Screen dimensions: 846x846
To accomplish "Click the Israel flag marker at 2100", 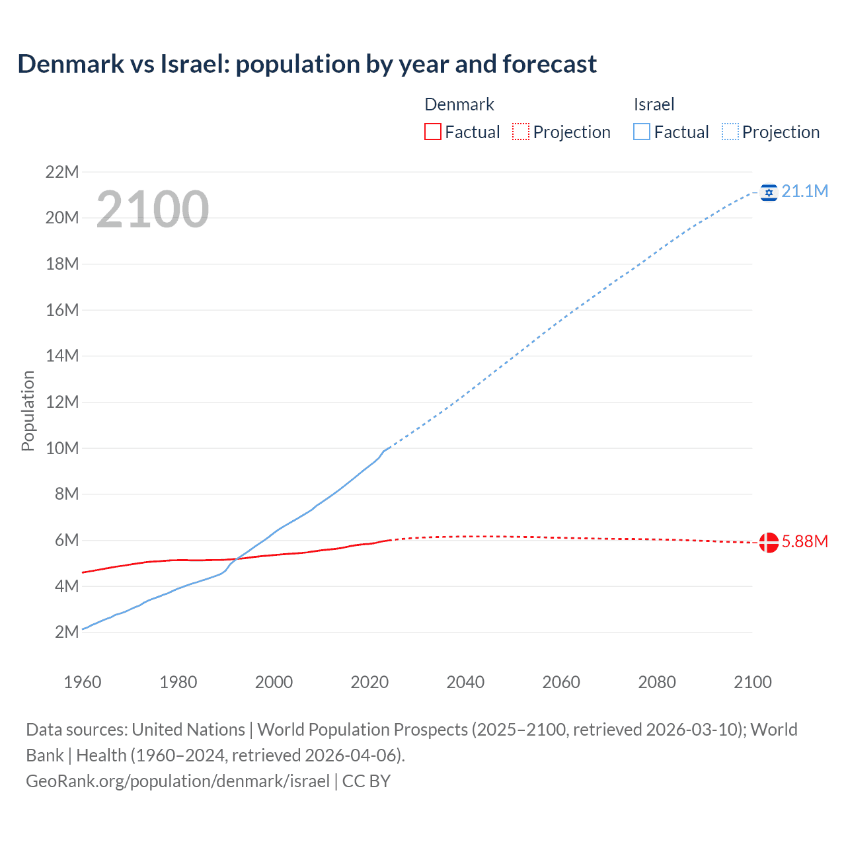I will click(x=769, y=192).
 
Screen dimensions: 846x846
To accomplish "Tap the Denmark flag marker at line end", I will click(x=769, y=542).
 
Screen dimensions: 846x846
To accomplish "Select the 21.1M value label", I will click(x=804, y=192).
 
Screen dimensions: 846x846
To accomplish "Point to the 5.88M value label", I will click(x=804, y=542).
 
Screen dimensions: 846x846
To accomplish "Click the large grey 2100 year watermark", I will click(x=153, y=210).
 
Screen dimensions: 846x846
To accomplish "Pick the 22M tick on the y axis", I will click(x=62, y=173).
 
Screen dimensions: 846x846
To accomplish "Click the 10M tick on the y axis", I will click(x=62, y=448).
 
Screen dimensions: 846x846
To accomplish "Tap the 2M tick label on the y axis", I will click(x=67, y=632).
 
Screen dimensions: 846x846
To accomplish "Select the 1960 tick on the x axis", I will click(x=83, y=682).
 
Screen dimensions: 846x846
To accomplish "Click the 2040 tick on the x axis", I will click(x=465, y=682).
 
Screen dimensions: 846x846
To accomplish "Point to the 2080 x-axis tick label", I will click(x=657, y=682).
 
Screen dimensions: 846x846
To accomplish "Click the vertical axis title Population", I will click(x=28, y=410).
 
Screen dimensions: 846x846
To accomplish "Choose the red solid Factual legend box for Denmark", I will click(x=432, y=132).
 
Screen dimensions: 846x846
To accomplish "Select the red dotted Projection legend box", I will click(x=521, y=132).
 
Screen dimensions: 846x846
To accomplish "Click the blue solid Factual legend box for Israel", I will click(x=642, y=132).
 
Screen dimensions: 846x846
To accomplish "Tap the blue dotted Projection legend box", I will click(x=730, y=132).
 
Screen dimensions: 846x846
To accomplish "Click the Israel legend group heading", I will click(x=654, y=104).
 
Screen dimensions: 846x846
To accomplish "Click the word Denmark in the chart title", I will click(x=71, y=64).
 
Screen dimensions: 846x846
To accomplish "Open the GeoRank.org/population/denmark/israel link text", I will click(x=178, y=781).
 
